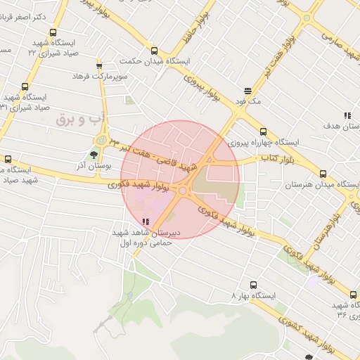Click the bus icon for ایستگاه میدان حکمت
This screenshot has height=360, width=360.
(x=154, y=51)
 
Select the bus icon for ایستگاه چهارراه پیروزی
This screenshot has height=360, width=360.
(x=263, y=131)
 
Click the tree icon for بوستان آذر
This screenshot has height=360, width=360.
(x=94, y=154)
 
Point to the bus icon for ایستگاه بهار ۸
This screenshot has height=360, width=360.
(x=253, y=285)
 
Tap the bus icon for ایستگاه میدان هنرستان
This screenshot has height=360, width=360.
(x=323, y=174)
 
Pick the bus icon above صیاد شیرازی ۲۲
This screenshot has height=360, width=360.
(x=54, y=32)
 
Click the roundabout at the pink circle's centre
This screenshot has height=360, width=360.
(x=182, y=190)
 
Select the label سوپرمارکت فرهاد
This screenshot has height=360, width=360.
(x=113, y=75)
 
